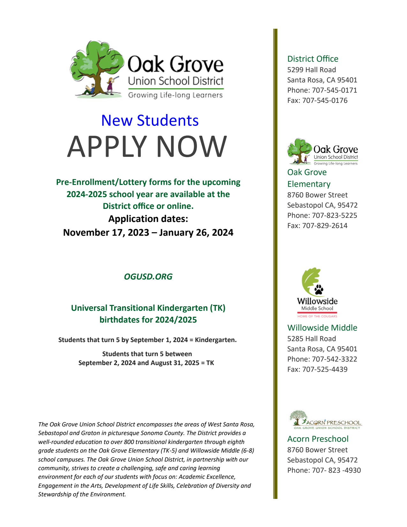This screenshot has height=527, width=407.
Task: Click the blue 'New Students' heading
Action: (x=150, y=121)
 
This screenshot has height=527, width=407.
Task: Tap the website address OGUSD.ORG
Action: (x=148, y=277)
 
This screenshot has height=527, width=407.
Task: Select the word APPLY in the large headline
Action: (x=107, y=147)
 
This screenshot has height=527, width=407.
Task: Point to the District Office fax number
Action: (x=325, y=101)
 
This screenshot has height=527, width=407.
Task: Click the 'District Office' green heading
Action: (x=313, y=59)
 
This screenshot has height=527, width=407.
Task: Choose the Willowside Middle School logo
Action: (x=317, y=293)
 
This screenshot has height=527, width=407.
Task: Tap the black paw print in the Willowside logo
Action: (x=319, y=289)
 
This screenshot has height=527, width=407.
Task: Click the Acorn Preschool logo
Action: (x=326, y=420)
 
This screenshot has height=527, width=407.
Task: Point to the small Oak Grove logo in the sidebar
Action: (x=322, y=152)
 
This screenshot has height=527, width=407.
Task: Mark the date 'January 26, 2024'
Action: (x=196, y=233)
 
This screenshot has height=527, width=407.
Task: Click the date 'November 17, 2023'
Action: (x=106, y=233)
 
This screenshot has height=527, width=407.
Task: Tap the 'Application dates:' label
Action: (x=148, y=219)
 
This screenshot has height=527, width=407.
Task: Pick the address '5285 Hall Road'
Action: (x=312, y=339)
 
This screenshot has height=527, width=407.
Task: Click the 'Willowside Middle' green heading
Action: (x=322, y=328)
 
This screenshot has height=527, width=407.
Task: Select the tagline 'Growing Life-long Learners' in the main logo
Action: (x=175, y=95)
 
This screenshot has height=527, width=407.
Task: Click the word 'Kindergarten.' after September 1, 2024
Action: (x=216, y=340)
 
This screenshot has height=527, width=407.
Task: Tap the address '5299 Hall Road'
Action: (x=312, y=70)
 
